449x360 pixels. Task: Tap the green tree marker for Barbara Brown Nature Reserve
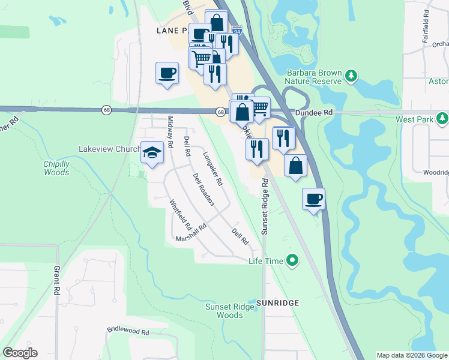click(x=351, y=76)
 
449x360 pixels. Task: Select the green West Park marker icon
click(x=442, y=119)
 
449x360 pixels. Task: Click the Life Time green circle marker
click(x=292, y=260)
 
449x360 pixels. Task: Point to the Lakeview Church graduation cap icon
click(x=152, y=152)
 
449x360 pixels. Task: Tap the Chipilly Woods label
click(x=56, y=168)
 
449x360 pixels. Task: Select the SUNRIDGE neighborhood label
click(x=277, y=303)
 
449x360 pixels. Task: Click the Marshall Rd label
click(x=191, y=233)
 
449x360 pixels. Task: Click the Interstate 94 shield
click(x=237, y=29)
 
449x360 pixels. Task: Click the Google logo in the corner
click(x=20, y=353)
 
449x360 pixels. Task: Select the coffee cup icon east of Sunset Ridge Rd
click(x=314, y=199)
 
